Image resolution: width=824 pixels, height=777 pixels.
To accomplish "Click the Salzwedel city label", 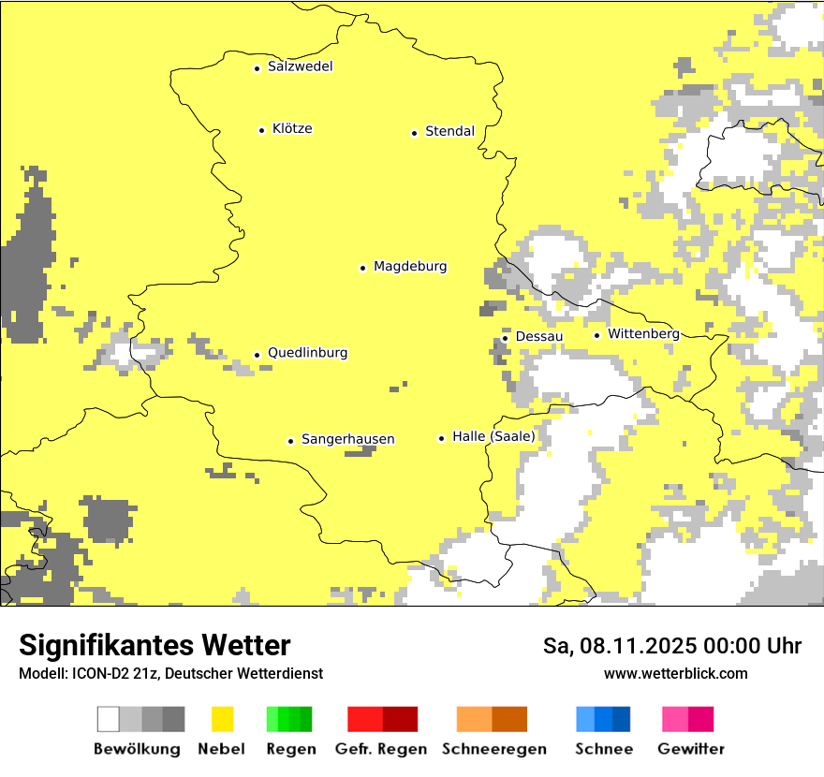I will pos(300,66).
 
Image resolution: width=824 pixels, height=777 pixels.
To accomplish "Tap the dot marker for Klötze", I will pos(261,130).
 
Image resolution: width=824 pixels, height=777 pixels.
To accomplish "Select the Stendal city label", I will pos(449,131).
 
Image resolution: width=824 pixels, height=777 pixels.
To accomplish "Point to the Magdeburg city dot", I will pos(363,268).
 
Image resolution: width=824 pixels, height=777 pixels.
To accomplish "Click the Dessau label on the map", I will pos(539,336).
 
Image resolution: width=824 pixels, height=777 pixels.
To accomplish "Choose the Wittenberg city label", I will pos(643,333).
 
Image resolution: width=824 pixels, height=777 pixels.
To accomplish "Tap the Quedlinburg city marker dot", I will pos(257,355).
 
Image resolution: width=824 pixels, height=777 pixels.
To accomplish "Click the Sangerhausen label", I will pos(347,439).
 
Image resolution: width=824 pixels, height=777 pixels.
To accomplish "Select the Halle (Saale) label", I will pos(493,436).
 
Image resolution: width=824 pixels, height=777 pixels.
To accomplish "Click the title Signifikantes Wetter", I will pos(154,645).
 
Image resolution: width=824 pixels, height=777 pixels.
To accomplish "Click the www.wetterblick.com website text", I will pos(675,673).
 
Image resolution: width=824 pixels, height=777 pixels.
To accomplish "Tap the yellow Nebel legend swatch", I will pos(222,719).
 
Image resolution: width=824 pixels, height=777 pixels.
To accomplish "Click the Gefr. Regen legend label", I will pos(380,749).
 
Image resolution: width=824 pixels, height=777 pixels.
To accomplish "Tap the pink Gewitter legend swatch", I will pos(688,719).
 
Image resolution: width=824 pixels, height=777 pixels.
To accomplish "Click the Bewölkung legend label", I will pos(137,749).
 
